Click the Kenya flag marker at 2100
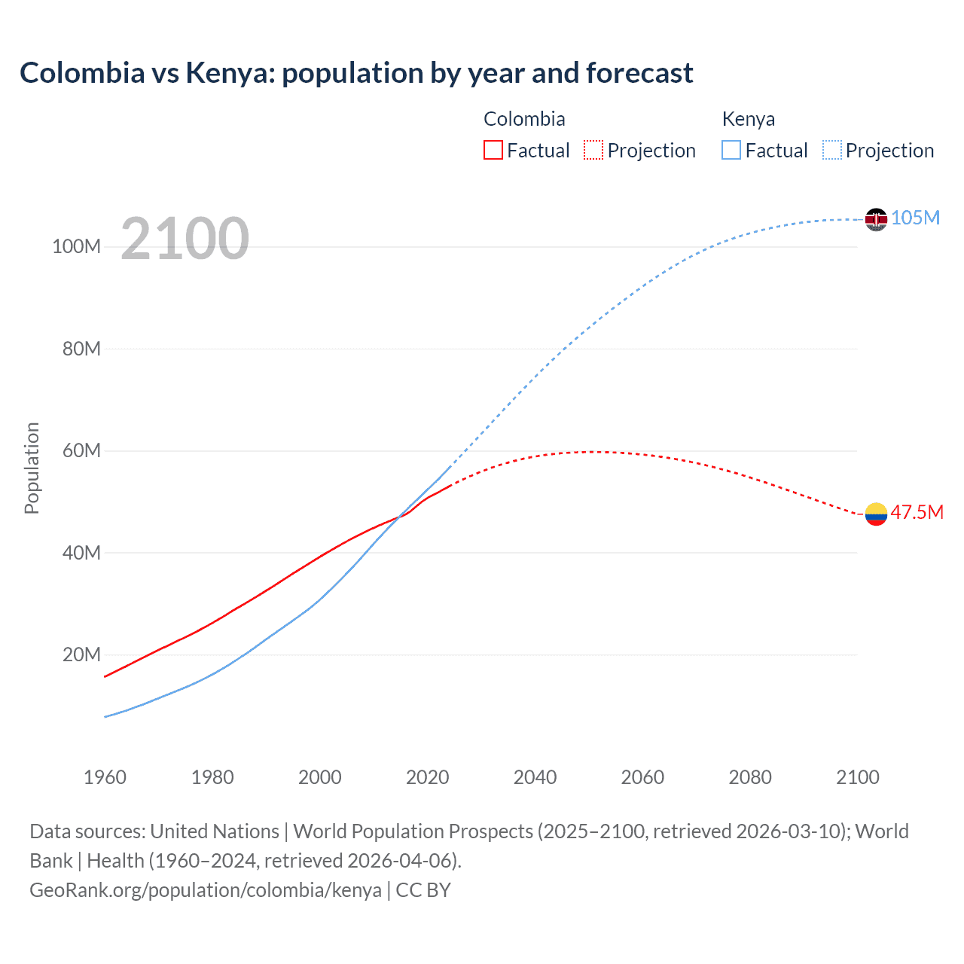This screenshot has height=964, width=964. coord(876,219)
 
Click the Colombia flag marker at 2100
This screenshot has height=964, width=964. coord(876,514)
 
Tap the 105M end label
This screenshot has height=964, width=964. coord(915,218)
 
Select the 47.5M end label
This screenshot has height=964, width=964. coord(917,512)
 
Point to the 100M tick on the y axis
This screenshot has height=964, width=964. coord(76,246)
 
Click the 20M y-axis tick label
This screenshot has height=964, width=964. coord(81,654)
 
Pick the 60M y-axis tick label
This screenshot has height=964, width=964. coord(81,450)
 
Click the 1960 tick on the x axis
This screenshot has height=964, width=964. coord(105,777)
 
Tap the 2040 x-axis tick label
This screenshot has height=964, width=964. coord(535,777)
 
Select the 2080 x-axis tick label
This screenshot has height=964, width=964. coord(750,777)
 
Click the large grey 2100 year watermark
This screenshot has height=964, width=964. coord(185,239)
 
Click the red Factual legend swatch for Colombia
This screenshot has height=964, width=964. coord(493,150)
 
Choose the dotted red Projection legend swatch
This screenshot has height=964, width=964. coord(593,150)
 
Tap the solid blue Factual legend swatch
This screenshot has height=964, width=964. coord(731,150)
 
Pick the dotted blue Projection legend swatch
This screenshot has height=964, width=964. coord(832,150)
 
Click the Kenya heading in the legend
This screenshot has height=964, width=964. coord(748,119)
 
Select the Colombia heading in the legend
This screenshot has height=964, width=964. coord(524,119)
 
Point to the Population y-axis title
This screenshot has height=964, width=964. coord(32,468)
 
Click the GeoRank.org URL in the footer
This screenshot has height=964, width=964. coord(206,889)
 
